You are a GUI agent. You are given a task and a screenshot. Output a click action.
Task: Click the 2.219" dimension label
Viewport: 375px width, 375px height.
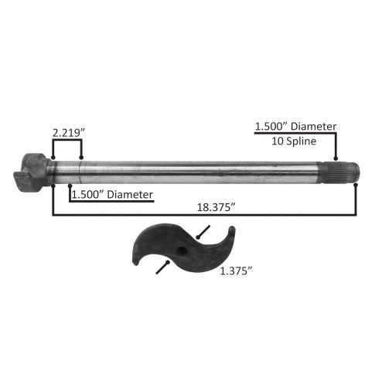[69, 133]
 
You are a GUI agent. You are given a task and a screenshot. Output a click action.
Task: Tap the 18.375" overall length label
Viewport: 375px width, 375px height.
[216, 207]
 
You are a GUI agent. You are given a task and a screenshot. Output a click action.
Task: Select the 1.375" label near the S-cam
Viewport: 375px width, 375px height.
[236, 271]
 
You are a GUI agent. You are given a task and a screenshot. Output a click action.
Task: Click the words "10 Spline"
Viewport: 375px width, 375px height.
[294, 141]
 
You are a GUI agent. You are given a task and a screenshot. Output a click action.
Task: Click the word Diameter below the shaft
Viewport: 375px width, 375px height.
[130, 195]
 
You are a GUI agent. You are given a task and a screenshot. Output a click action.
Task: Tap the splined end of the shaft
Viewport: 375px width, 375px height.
[340, 171]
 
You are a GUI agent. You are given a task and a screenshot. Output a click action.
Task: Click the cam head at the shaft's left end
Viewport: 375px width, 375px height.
[32, 172]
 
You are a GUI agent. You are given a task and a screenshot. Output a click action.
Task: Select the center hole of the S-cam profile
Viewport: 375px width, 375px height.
[182, 250]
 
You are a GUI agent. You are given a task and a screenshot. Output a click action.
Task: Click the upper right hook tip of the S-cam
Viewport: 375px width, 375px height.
[232, 228]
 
